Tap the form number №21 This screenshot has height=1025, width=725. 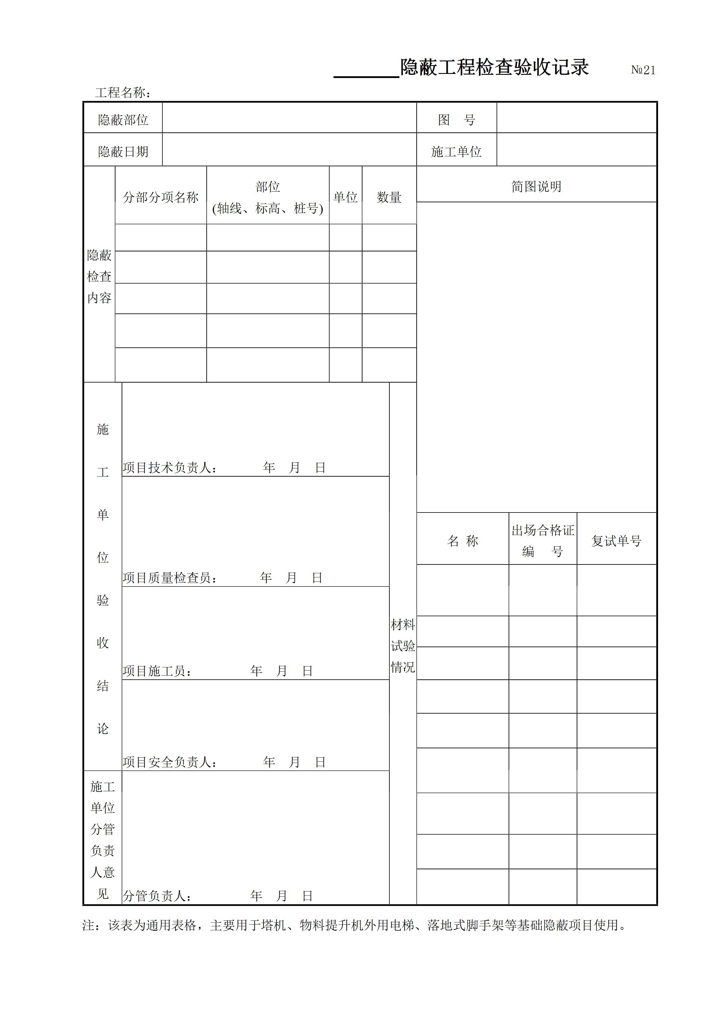coord(643,70)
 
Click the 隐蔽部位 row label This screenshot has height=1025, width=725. coord(123,120)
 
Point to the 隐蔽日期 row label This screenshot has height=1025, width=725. coord(123,152)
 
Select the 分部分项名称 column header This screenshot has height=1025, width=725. coord(160,197)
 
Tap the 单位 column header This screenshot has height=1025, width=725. coord(345,197)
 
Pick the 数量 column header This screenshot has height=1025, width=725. coord(389,197)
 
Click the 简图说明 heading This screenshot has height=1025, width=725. coord(536,186)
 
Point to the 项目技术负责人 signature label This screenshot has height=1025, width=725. coord(170,468)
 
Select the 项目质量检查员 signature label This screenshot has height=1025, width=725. coord(170,578)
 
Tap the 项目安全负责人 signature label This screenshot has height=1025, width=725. coord(170,762)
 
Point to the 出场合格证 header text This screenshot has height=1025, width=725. coord(543,530)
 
